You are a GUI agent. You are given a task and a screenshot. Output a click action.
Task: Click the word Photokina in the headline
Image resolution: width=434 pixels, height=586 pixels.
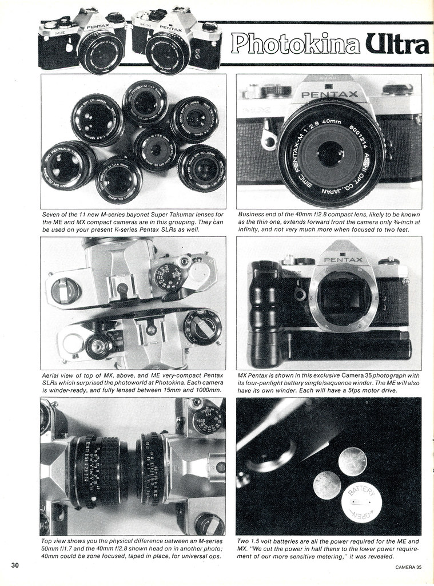coord(296,44)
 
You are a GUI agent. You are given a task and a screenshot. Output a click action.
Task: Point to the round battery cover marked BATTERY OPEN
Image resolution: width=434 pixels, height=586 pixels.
coord(361,502)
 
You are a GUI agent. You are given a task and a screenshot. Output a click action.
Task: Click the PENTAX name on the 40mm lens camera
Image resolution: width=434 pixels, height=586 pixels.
coord(329,94)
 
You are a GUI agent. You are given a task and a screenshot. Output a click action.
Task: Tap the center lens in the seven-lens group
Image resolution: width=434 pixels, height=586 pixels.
coord(156,149)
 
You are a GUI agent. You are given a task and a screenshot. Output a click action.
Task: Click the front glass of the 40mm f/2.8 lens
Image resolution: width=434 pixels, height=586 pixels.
coord(331,153)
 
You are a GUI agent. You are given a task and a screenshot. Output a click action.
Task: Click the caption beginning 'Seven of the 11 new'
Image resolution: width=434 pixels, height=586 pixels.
coord(132,222)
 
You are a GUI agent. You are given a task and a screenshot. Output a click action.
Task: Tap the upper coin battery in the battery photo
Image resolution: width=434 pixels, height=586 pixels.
coord(352,461)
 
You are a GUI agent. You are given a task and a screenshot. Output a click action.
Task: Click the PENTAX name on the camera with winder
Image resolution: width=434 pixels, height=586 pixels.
coord(343,259)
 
